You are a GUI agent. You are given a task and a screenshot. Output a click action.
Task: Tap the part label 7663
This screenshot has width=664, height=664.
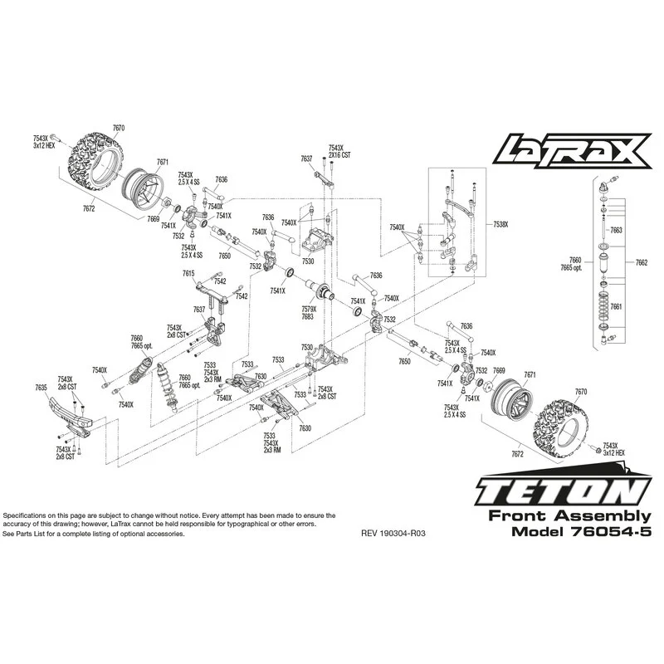point(616,229)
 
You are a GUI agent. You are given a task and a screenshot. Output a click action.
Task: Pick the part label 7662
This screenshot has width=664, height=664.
point(642,263)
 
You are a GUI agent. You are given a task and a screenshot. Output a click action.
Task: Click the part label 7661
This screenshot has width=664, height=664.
point(616,306)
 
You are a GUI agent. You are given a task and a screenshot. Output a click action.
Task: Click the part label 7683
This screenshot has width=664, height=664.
point(307,317)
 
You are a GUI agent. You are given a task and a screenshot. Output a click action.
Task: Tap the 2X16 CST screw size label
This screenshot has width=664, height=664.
point(339,155)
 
